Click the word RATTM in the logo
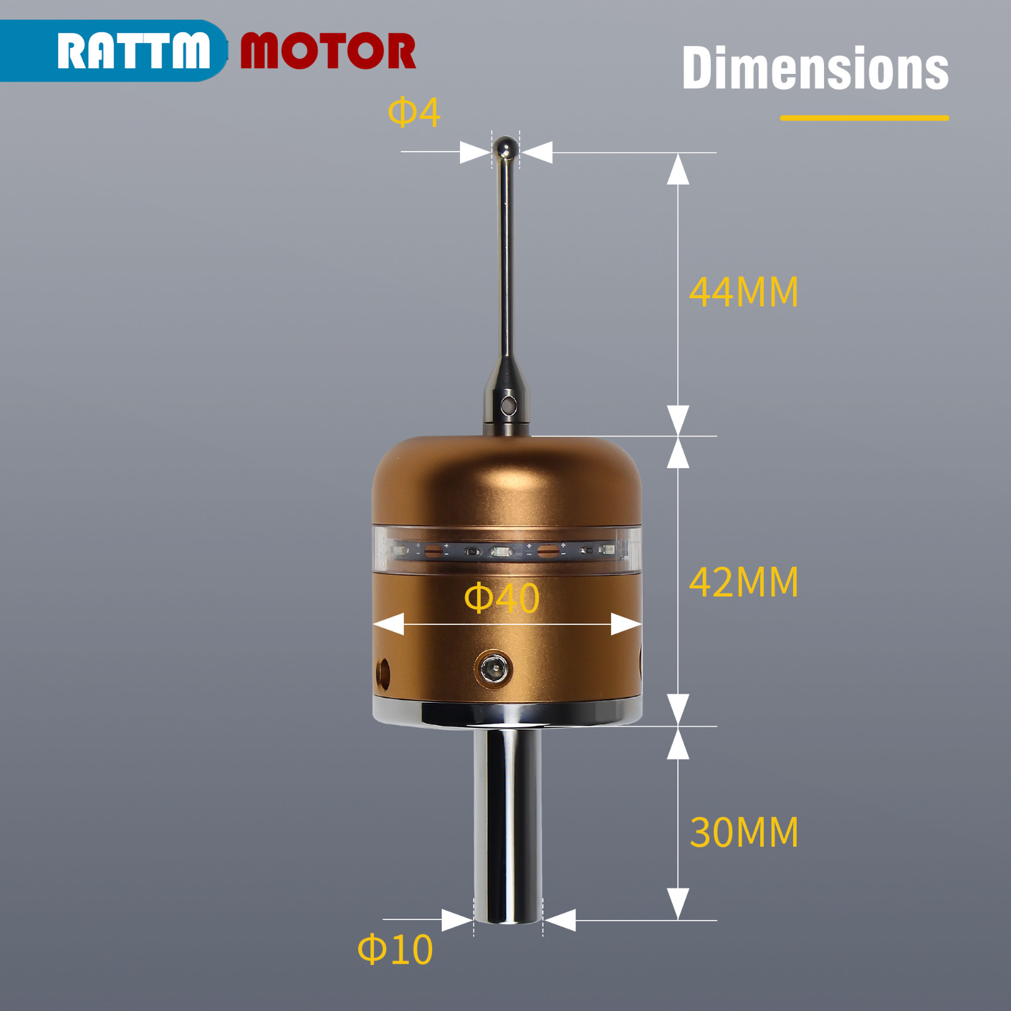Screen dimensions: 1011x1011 [133, 51]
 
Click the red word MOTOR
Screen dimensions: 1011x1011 [328, 51]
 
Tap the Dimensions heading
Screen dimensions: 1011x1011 [815, 68]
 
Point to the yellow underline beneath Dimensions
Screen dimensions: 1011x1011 [864, 118]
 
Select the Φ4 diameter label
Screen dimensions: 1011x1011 [414, 112]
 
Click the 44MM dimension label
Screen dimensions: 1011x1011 [744, 292]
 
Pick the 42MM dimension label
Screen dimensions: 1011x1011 [744, 582]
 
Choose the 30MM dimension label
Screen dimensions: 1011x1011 [744, 832]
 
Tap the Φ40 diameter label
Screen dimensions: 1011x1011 [502, 598]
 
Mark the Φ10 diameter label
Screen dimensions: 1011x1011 [396, 949]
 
